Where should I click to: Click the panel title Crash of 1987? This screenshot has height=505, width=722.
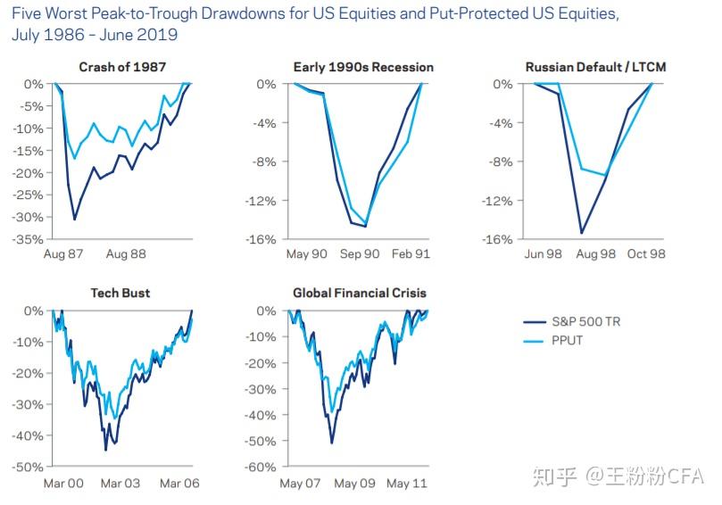click(x=121, y=67)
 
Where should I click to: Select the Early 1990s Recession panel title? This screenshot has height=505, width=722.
click(x=363, y=67)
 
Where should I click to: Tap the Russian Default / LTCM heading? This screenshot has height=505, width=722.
click(x=595, y=67)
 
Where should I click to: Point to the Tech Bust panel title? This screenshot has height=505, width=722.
click(x=121, y=293)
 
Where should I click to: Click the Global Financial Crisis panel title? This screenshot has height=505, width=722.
click(x=360, y=293)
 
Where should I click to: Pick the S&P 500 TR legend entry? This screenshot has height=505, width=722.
click(x=585, y=322)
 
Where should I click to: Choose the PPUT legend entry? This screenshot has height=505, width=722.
click(x=568, y=340)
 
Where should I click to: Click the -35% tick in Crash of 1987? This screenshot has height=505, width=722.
click(x=29, y=239)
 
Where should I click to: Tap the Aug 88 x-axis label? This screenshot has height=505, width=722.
click(x=126, y=254)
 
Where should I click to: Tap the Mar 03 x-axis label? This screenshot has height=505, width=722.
click(x=120, y=484)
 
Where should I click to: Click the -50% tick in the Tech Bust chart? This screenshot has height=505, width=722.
click(x=29, y=467)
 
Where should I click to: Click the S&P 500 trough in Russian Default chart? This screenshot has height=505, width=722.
click(x=582, y=233)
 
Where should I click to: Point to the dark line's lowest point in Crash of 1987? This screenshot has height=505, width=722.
click(x=75, y=219)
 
